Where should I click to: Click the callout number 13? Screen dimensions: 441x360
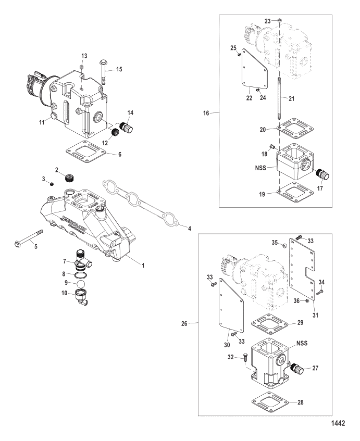coord(85,55)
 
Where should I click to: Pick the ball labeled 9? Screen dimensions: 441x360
coord(80,284)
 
